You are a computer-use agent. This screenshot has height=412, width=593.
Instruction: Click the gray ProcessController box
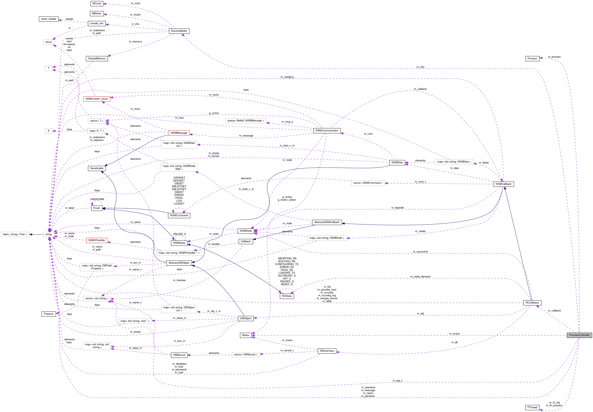click(x=579, y=335)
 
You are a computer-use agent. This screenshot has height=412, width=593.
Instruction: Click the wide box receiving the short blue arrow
click(x=15, y=234)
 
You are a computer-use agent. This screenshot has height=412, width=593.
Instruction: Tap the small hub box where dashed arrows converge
click(x=49, y=234)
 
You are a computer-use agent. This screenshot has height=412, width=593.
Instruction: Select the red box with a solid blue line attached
click(x=179, y=133)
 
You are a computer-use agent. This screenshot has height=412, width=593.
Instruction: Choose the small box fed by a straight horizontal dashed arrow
click(x=49, y=131)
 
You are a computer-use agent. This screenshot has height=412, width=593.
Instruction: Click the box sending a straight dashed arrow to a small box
click(x=97, y=131)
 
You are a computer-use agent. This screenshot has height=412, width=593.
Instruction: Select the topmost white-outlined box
click(x=49, y=42)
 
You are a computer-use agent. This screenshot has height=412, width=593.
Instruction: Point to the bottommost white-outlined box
click(x=246, y=355)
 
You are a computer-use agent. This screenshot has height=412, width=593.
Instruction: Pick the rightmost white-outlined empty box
click(x=454, y=162)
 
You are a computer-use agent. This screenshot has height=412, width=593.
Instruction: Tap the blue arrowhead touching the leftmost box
click(x=30, y=234)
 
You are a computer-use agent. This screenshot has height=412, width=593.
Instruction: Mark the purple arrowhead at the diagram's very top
click(x=104, y=4)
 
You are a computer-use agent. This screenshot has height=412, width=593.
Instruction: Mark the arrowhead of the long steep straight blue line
click(x=505, y=188)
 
